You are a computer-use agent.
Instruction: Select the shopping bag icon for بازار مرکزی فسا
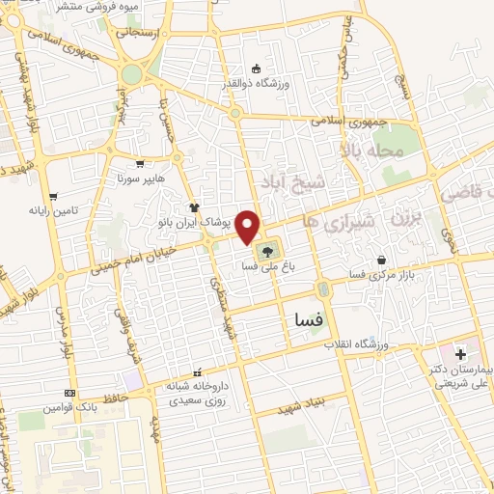(x=383, y=260)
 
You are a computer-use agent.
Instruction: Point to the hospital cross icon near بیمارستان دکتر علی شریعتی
(x=459, y=354)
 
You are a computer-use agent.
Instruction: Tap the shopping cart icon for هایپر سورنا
(x=144, y=164)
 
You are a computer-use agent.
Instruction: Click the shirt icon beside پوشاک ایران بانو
(x=195, y=206)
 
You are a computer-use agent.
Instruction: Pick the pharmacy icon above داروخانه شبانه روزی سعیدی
(x=198, y=372)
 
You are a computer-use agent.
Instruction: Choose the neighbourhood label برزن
(x=407, y=218)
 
